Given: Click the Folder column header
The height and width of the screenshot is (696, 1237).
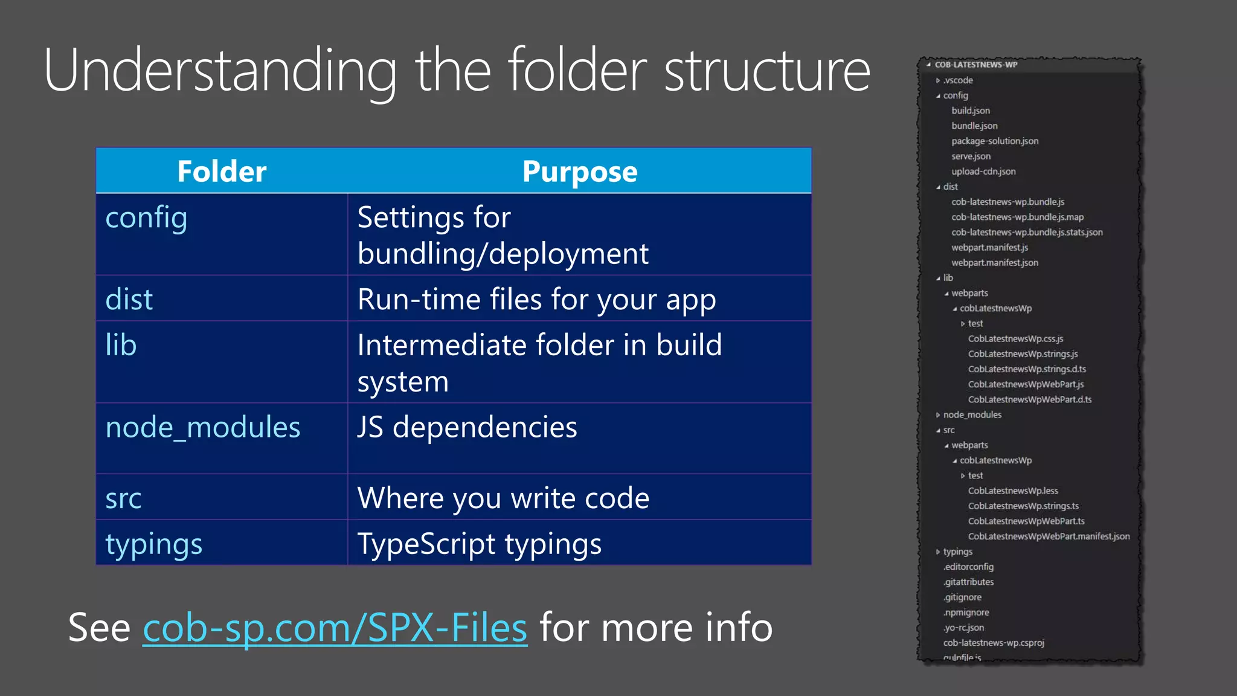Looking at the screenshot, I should click(222, 172).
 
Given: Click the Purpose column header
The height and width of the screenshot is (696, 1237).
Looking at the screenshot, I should click(580, 172).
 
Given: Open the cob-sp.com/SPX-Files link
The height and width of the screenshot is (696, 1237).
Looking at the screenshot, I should click(335, 628).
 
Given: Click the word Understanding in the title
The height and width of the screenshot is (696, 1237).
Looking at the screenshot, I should click(220, 71).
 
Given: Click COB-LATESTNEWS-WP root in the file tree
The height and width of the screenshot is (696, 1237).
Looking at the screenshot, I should click(975, 65).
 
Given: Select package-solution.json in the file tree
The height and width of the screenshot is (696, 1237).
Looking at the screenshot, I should click(995, 141).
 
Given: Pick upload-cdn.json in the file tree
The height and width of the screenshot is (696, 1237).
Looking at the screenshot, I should click(983, 172).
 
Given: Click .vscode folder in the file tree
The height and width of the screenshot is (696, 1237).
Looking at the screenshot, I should click(958, 80).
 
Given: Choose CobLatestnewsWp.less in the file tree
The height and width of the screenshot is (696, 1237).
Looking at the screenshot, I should click(1013, 491).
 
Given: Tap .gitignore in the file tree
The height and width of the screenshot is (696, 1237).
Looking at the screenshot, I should click(963, 598).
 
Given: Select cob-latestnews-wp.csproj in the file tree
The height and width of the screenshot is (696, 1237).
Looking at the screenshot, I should click(994, 643).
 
